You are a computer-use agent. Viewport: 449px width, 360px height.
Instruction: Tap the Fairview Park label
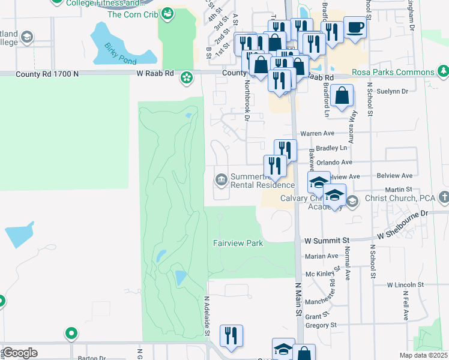[238, 243]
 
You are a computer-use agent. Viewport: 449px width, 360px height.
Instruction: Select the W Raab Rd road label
[155, 73]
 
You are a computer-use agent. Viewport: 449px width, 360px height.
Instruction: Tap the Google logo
[20, 353]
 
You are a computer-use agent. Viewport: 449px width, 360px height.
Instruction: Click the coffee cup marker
[355, 28]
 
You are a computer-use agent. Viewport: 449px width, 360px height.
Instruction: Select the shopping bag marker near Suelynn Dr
[342, 95]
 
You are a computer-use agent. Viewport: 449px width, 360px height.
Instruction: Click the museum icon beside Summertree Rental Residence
[221, 179]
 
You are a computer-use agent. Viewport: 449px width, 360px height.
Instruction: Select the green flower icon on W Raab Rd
[187, 77]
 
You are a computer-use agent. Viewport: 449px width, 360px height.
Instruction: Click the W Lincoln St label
[405, 284]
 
